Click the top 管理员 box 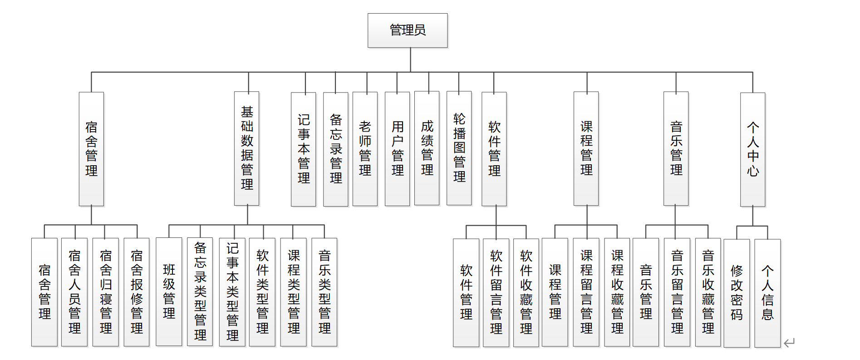click(x=408, y=30)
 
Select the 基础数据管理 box click(x=247, y=148)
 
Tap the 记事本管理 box click(x=304, y=149)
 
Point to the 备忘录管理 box click(x=336, y=149)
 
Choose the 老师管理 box click(x=365, y=149)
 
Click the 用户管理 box click(x=398, y=149)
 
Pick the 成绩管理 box click(x=427, y=148)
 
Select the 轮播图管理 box click(x=459, y=148)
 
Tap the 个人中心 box click(x=753, y=149)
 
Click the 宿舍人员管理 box click(x=74, y=292)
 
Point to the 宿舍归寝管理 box click(x=106, y=292)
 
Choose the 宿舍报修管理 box click(x=137, y=292)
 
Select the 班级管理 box click(x=169, y=291)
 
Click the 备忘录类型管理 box click(x=200, y=292)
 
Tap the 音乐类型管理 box click(x=324, y=292)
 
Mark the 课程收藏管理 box click(x=617, y=292)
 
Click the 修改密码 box click(x=737, y=293)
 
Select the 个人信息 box click(x=767, y=293)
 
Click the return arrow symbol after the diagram click(x=790, y=343)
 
